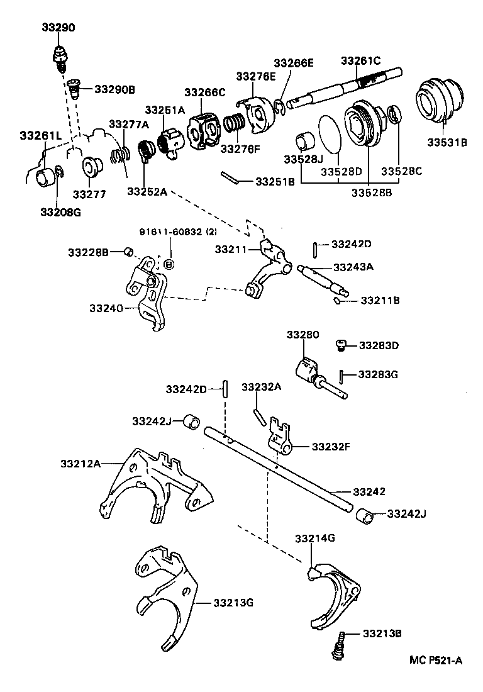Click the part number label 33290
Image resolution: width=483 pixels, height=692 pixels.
(58, 28)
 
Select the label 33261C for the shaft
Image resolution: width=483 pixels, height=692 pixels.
(361, 61)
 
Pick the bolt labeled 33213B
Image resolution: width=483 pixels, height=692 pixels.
(340, 644)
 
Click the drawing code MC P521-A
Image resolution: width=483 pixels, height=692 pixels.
(436, 660)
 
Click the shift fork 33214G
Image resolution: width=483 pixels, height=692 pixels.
(334, 591)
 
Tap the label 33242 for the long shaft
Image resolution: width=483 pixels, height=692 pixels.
(369, 491)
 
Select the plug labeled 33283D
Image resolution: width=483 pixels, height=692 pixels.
(340, 344)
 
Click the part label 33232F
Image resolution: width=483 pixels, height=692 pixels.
(327, 447)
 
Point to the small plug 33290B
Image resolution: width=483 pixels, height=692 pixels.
(74, 88)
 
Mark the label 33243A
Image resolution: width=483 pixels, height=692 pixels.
(353, 267)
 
